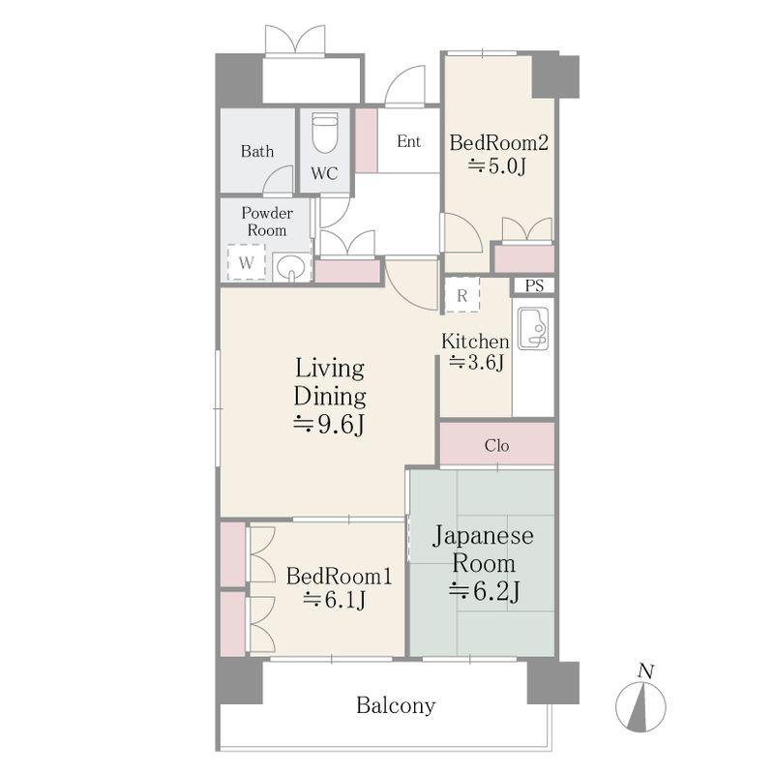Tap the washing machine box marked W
[x=247, y=262]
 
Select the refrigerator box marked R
[x=462, y=295]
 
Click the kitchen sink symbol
[x=533, y=329]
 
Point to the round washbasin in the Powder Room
[x=291, y=268]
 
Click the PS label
[x=534, y=285]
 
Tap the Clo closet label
[x=496, y=446]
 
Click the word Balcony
[x=396, y=705]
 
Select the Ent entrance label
[x=408, y=141]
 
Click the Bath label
[x=257, y=151]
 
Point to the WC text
[x=324, y=173]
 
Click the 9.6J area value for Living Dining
[x=329, y=424]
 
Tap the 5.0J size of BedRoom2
[x=497, y=166]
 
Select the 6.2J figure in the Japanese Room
[x=484, y=591]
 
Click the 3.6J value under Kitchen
[x=476, y=362]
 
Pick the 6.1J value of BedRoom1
[x=335, y=600]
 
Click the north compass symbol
[x=640, y=707]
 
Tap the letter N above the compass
[x=646, y=671]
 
